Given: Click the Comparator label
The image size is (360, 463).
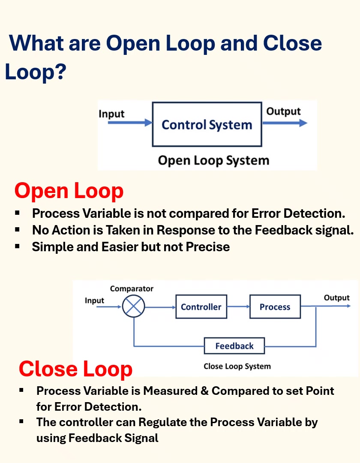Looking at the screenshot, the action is click(132, 289).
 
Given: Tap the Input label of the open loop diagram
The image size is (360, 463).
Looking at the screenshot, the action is click(111, 114).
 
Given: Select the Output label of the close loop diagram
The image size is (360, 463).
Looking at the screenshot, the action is click(337, 298).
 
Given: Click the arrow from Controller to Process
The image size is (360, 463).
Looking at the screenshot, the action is click(238, 307).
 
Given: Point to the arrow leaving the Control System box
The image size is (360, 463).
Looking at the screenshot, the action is click(285, 123).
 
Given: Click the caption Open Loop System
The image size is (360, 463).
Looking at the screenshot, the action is click(213, 161).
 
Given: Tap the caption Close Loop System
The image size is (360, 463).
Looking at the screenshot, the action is click(237, 367).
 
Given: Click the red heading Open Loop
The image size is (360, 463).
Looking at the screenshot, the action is click(69, 191).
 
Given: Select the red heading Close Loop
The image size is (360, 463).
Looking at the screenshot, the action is click(75, 369).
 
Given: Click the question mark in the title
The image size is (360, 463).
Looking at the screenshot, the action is click(60, 72).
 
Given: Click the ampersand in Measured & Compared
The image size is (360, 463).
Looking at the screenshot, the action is click(204, 391).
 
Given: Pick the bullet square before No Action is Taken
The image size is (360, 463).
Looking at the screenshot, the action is click(17, 229).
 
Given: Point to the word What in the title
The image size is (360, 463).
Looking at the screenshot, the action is click(36, 43).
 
